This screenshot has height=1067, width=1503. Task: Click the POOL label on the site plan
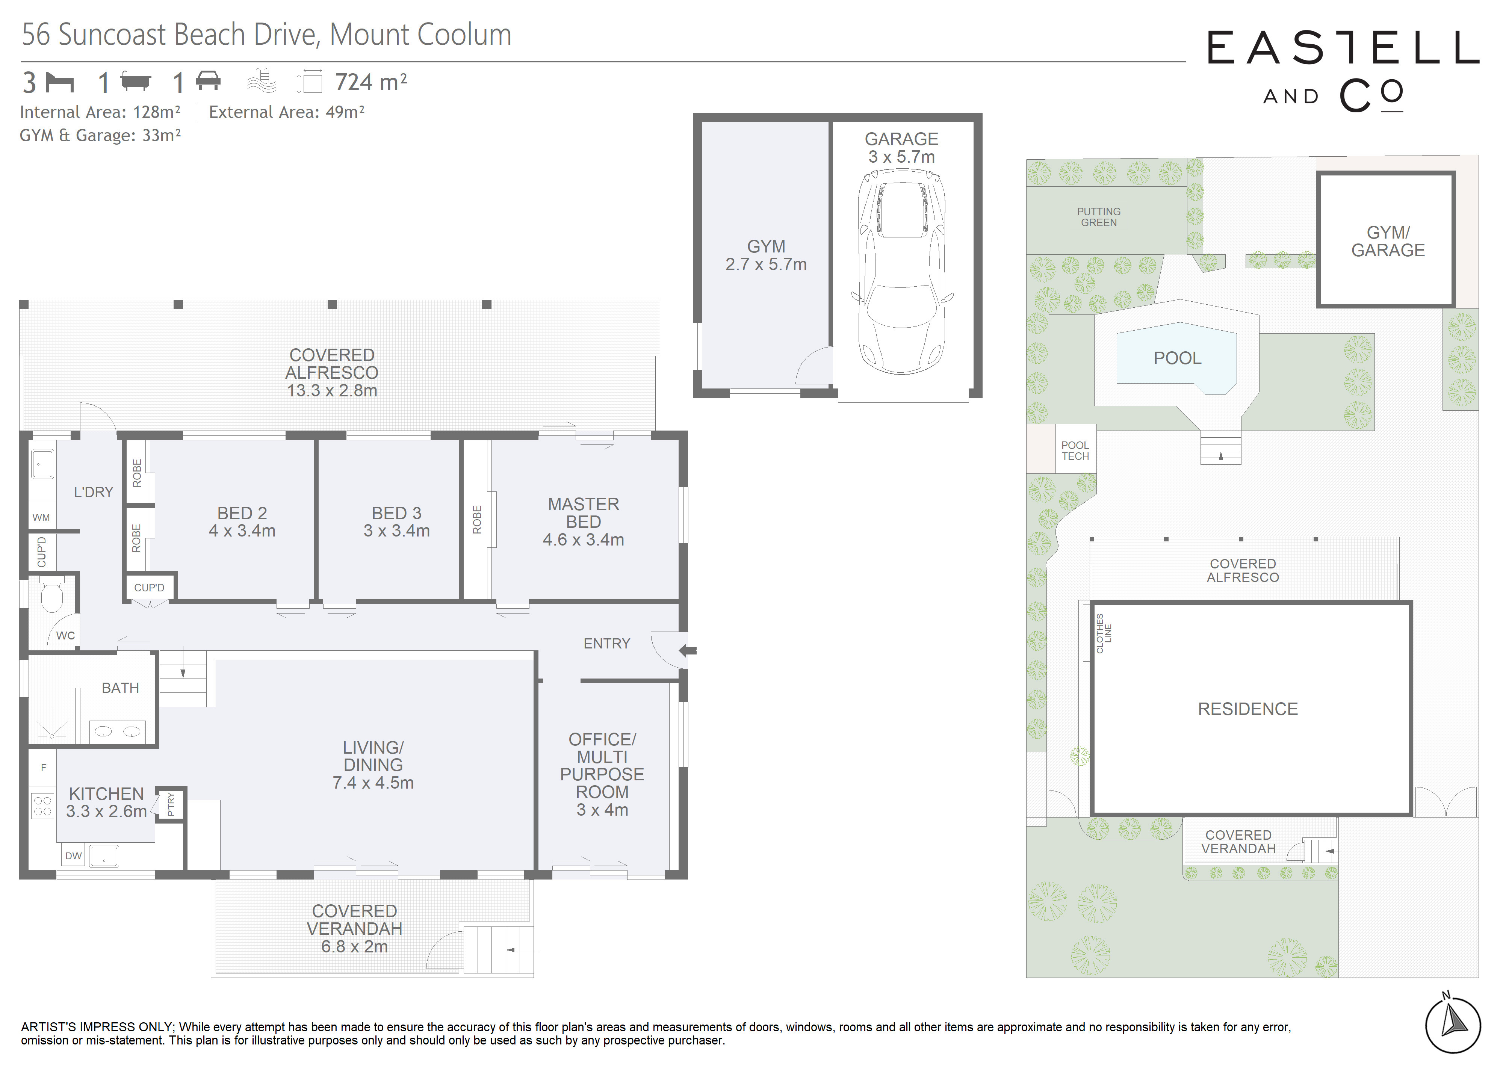(x=1177, y=358)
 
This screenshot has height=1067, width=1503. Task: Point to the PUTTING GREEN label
(x=1098, y=217)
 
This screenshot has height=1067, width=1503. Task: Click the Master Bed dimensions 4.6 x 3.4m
(x=583, y=540)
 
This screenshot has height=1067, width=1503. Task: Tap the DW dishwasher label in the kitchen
(x=74, y=855)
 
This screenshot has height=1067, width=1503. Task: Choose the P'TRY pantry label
(x=171, y=804)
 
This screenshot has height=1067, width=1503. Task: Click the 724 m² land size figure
(x=371, y=82)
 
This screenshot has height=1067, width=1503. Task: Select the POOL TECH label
(x=1075, y=451)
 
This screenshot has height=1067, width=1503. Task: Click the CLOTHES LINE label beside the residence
(x=1104, y=633)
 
